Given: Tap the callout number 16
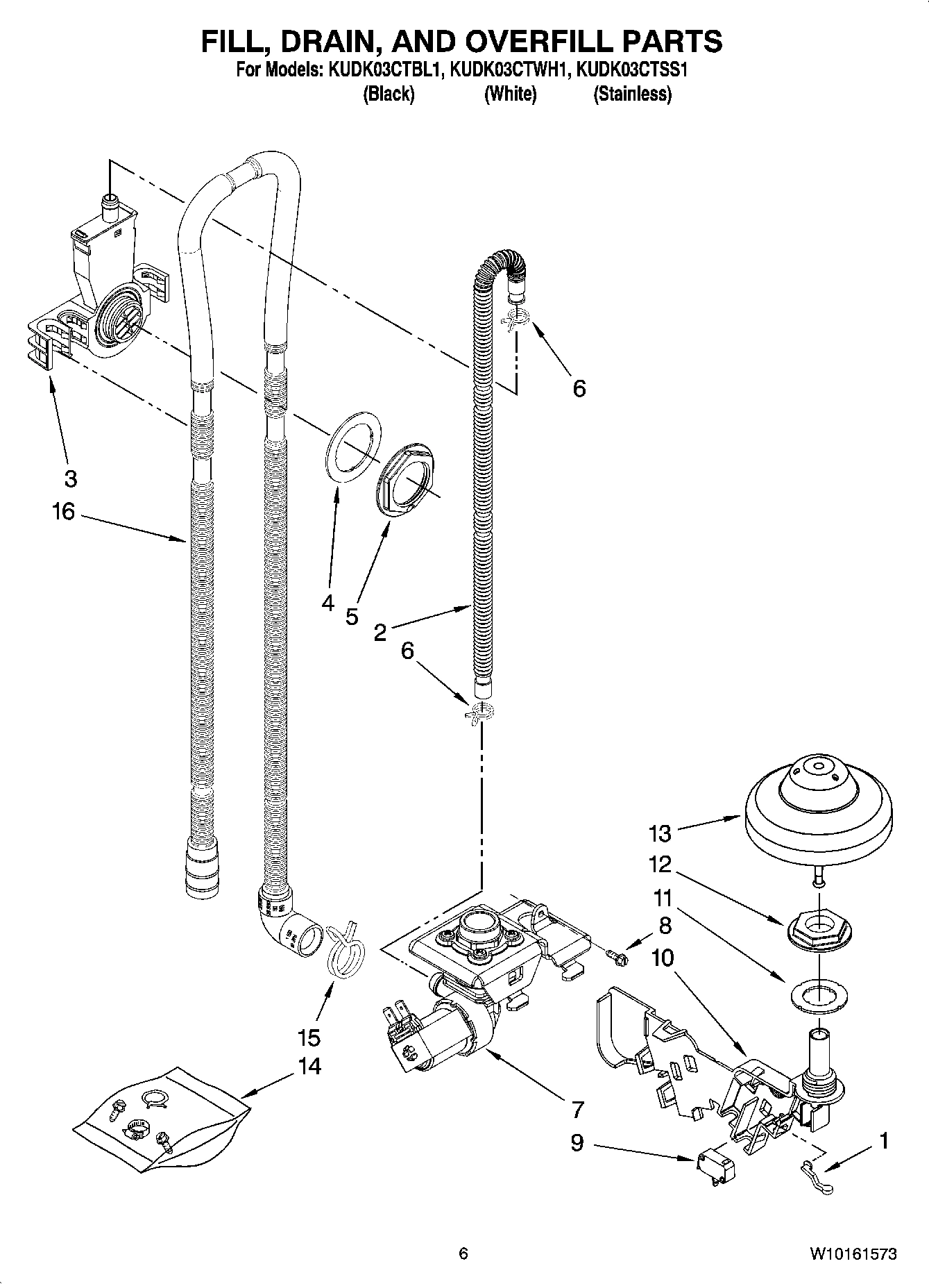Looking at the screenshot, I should coord(62,512).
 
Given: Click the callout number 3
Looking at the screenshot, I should coord(70,478).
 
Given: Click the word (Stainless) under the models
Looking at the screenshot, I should coord(632,94).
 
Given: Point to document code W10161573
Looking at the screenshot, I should coord(852,1253).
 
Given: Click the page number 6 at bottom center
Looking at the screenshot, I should coord(463,1253).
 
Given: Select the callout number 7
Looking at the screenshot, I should coord(578,1110).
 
